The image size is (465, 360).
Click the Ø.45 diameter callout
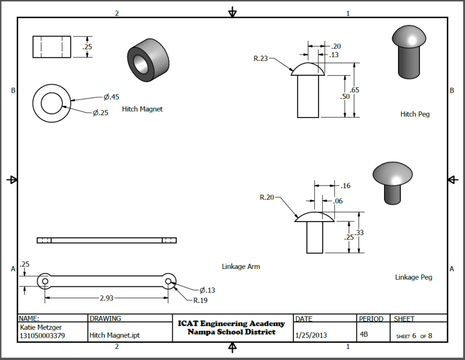[x=110, y=96]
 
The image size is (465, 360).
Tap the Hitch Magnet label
[x=142, y=109]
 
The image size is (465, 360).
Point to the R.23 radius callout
[x=261, y=57]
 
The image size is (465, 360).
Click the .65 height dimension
[x=355, y=90]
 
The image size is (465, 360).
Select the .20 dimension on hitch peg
[x=336, y=46]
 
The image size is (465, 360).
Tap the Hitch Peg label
[x=415, y=114]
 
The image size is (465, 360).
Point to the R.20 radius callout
[x=267, y=197]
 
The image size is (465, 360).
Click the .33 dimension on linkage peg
[x=360, y=232]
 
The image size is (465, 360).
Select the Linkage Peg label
[x=413, y=277]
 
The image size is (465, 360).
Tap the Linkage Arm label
[x=241, y=267]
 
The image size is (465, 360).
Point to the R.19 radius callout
[x=200, y=300]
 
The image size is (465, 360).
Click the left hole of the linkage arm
[x=45, y=280]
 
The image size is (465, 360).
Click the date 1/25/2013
[x=311, y=335]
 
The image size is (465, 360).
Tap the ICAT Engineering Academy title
[x=231, y=323]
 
